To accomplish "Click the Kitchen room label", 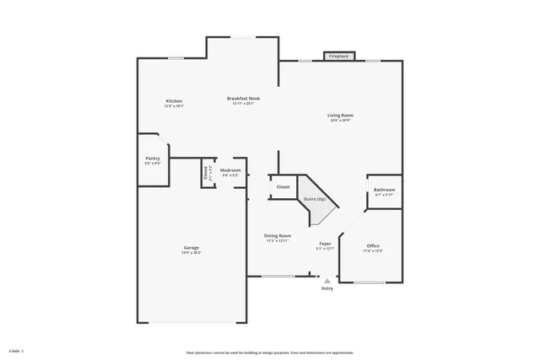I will (x=175, y=101).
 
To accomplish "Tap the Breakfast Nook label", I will (x=243, y=98).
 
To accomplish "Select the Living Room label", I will (x=341, y=115).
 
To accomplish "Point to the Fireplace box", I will (x=339, y=56).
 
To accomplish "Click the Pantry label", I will (x=153, y=158).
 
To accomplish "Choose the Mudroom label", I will (x=230, y=170).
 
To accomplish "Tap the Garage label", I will (x=192, y=247).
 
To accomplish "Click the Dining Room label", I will (x=278, y=235).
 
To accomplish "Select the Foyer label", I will (x=325, y=244).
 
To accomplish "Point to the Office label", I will (x=373, y=245).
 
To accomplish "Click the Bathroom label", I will (x=384, y=190).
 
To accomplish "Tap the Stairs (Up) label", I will (x=315, y=199).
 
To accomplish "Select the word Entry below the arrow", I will (x=327, y=288).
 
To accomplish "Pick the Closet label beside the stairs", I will (x=283, y=186).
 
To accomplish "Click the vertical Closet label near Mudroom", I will (x=205, y=173).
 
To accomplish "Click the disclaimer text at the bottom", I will (x=270, y=352).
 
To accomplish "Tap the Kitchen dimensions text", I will (x=175, y=106).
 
